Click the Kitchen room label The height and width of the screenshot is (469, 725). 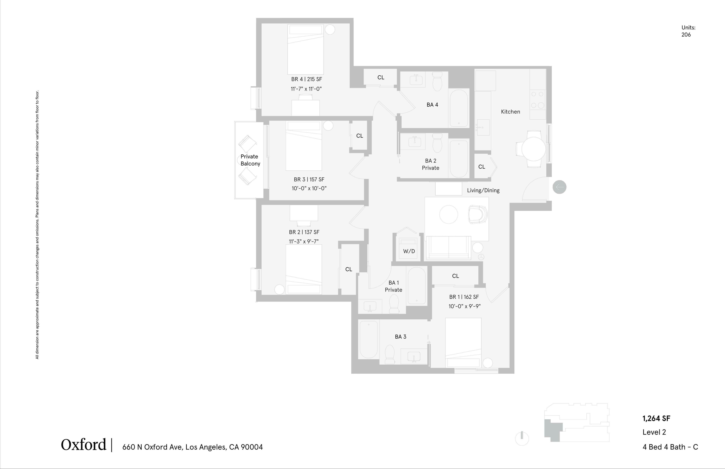click(x=510, y=112)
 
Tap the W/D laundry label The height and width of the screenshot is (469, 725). click(x=409, y=251)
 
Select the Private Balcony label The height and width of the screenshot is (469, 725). click(x=250, y=160)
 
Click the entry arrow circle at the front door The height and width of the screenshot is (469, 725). click(x=559, y=187)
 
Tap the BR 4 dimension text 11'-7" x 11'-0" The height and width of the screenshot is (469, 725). click(x=306, y=89)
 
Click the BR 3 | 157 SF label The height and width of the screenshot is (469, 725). click(x=309, y=180)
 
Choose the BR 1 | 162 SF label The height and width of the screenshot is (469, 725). click(x=464, y=297)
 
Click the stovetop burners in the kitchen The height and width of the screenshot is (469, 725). click(x=537, y=100)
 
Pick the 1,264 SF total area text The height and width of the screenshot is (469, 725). click(x=656, y=418)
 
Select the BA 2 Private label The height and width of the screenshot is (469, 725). click(x=430, y=164)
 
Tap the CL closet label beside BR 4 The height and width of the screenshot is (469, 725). click(x=381, y=77)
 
